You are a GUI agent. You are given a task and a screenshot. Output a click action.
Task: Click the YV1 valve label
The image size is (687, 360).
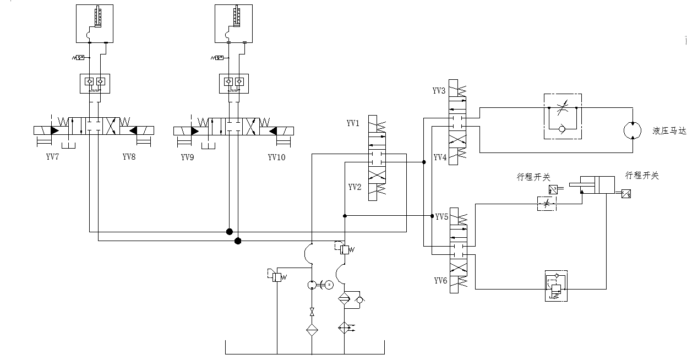tap(353, 123)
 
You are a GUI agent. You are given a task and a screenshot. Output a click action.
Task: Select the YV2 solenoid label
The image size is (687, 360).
tap(355, 187)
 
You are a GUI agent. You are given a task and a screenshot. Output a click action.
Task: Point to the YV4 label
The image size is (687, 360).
tap(439, 157)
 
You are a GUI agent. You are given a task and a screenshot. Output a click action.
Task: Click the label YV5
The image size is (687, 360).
tap(442, 217)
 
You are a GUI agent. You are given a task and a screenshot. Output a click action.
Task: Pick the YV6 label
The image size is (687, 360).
tap(440, 281)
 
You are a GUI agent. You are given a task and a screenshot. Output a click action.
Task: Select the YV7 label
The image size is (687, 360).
tap(53, 157)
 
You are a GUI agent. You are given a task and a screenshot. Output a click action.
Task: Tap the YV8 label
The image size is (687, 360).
tap(129, 157)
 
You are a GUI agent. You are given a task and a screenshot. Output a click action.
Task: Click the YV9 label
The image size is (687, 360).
tap(188, 157)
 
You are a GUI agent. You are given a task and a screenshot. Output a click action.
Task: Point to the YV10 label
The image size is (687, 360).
tap(277, 157)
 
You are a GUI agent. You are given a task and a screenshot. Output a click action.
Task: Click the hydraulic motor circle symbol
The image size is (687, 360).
tap(633, 131)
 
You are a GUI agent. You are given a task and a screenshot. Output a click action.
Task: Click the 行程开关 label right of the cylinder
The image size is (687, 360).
tap(642, 176)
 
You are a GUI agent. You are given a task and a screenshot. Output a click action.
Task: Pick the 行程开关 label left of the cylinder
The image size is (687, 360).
tap(533, 177)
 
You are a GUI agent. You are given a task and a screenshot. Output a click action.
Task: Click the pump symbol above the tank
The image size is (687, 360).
tap(312, 285)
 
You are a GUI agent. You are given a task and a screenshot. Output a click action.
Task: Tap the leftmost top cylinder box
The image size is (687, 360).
tap(95, 24)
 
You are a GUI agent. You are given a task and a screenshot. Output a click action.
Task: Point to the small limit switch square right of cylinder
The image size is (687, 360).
tap(626, 194)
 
